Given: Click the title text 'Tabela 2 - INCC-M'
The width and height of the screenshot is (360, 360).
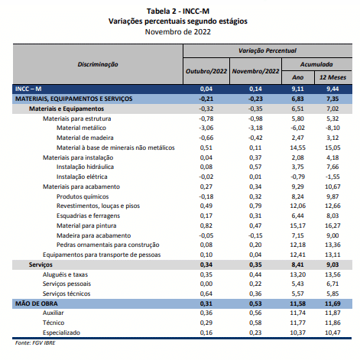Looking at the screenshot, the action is pos(178,11).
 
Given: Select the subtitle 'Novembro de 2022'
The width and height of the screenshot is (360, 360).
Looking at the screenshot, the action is pos(178,32).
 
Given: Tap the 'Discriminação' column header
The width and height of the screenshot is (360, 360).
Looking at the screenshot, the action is pos(98,64).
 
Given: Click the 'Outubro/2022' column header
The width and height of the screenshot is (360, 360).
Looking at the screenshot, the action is pos(206,71).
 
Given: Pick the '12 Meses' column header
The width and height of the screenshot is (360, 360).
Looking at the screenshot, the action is pos(332,77).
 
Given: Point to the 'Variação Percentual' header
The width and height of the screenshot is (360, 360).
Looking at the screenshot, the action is pos(268,50).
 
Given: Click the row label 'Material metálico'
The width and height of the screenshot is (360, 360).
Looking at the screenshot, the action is pos(81,128).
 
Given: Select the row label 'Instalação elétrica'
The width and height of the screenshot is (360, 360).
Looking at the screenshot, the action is pos(82,177).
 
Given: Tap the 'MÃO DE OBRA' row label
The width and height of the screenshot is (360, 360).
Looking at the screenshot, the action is pos(37,303).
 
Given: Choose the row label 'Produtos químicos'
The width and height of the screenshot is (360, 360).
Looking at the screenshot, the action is pos(83,196).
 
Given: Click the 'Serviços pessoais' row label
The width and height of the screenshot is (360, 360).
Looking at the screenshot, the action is pos(66,284).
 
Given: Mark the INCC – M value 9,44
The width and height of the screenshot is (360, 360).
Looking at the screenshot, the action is pos(332,89).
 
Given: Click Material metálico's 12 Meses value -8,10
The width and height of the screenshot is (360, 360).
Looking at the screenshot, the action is pos(332,128).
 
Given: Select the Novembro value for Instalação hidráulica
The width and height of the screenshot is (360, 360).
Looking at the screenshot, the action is pos(255,167).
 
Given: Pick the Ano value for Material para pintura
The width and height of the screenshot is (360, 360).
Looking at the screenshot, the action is pos(298,225).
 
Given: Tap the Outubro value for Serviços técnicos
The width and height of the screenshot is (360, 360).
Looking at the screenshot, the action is pos(206,294).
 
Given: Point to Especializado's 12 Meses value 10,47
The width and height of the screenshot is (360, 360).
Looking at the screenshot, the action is pos(332,332).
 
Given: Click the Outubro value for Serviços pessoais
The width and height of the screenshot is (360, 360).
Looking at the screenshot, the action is pos(206,284).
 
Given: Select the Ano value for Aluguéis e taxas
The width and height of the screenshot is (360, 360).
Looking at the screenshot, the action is pos(298,274).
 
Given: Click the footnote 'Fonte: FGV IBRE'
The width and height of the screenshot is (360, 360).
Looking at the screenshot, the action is pos(35,343).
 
